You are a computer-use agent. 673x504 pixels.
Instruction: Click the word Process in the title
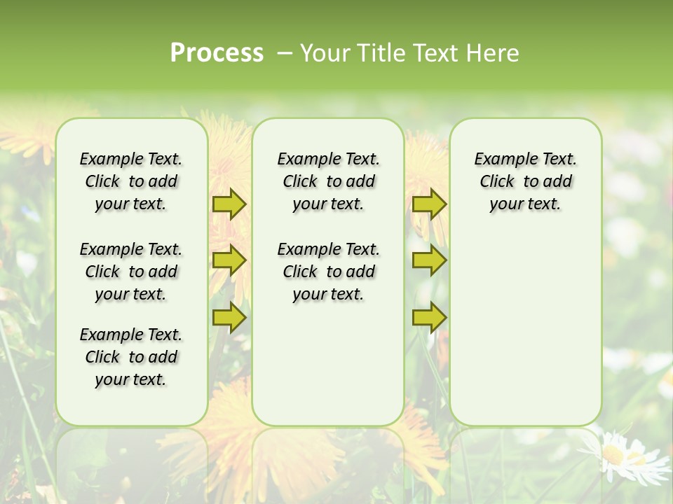(x=217, y=53)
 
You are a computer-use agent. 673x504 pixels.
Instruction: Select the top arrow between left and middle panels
(x=229, y=204)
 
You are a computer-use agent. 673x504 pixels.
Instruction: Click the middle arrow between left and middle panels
(x=229, y=260)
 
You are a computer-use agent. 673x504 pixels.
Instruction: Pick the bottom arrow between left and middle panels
(x=229, y=317)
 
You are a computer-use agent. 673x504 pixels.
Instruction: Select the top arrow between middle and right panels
(x=429, y=204)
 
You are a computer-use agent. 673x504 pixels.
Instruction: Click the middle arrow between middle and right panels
(x=429, y=260)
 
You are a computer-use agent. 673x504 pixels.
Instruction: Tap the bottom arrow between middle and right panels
(x=429, y=317)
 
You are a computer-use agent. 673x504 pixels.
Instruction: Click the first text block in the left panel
(x=131, y=181)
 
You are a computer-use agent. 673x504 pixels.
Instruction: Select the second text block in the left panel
(x=131, y=272)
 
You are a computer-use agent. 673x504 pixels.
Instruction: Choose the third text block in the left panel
(x=131, y=357)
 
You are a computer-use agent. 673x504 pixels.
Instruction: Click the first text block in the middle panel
(x=328, y=181)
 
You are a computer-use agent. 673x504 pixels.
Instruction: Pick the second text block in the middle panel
(x=328, y=272)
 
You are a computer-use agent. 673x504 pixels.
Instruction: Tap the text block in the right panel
(x=525, y=181)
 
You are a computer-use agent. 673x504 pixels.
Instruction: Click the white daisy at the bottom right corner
(x=628, y=455)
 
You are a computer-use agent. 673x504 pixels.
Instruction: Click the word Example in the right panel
(x=500, y=159)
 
